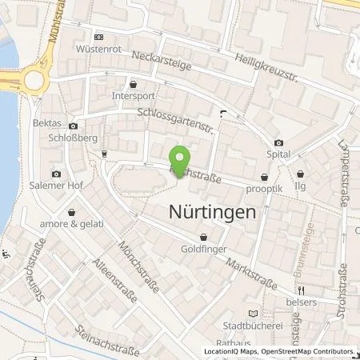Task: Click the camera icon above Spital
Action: pos(278,142)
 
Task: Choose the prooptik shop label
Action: pos(264,190)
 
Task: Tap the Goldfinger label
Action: pos(204,250)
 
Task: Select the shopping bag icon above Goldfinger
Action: pos(204,237)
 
